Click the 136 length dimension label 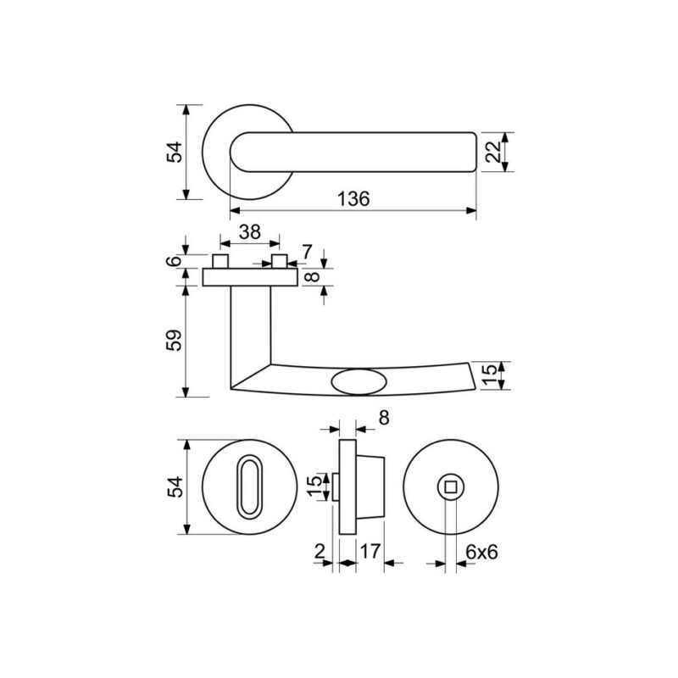click(x=353, y=199)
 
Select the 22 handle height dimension click(x=493, y=152)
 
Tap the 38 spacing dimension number click(x=250, y=232)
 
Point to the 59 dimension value click(x=175, y=341)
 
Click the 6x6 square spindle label click(x=481, y=553)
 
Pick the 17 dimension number click(x=370, y=552)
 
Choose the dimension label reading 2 click(x=320, y=552)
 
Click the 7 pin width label click(x=307, y=252)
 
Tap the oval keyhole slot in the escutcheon click(x=249, y=486)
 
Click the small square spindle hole click(x=450, y=487)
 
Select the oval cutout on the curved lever click(x=358, y=382)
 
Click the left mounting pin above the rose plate click(x=220, y=261)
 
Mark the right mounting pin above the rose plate click(x=280, y=261)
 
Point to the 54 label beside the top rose click(x=175, y=152)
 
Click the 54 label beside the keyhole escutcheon click(x=175, y=486)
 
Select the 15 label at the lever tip click(x=489, y=375)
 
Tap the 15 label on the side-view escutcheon click(x=318, y=486)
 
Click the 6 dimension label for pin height click(x=175, y=261)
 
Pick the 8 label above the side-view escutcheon click(x=384, y=418)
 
